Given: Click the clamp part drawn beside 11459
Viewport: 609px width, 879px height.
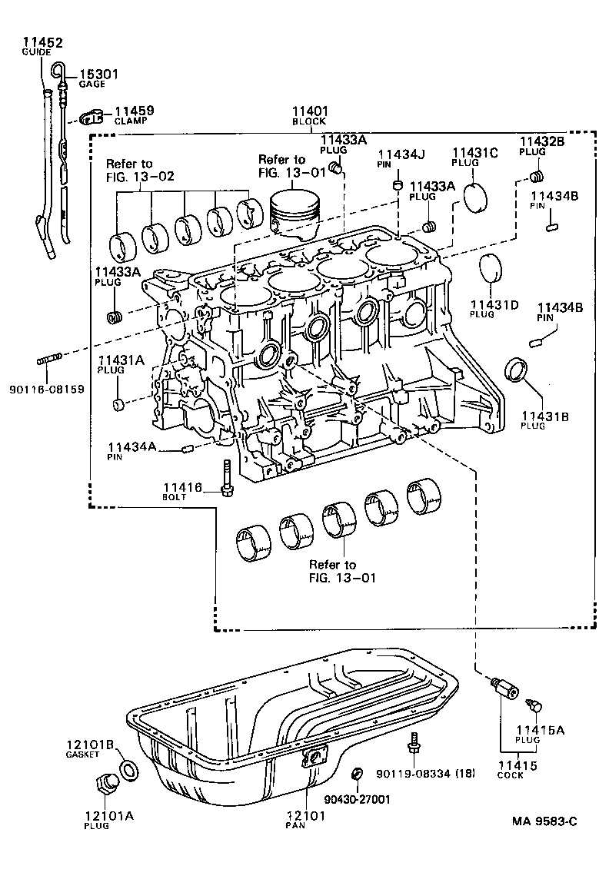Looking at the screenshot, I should click(92, 116).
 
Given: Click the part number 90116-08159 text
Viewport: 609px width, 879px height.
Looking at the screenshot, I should click(47, 389).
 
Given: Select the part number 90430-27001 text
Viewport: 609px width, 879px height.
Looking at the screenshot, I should click(358, 799).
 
